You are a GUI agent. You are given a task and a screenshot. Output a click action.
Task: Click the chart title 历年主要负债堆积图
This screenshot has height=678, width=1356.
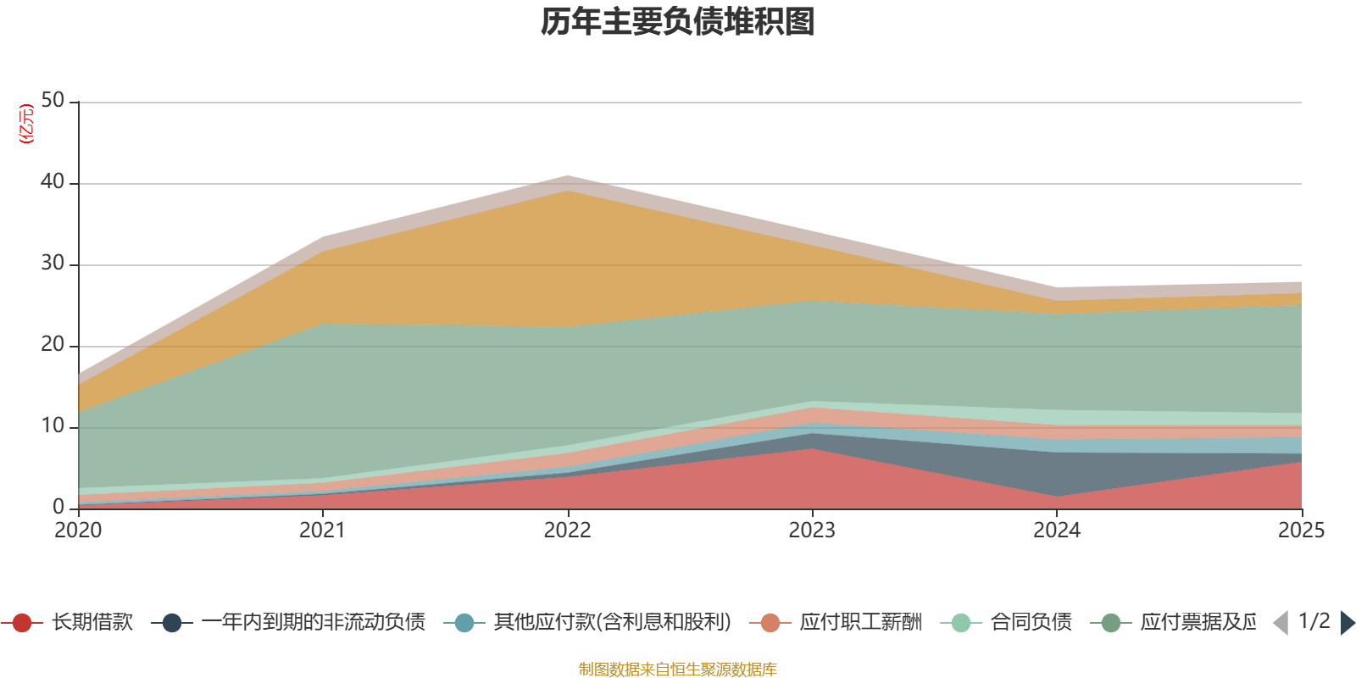tap(678, 22)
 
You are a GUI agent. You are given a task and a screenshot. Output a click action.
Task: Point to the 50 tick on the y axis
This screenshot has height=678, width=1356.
tap(53, 101)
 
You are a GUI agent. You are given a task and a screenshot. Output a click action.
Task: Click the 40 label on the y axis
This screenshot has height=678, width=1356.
tap(53, 182)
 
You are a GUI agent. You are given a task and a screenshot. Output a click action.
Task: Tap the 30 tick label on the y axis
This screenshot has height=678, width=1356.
tap(53, 264)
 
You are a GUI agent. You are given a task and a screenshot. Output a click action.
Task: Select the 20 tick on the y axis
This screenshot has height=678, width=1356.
tap(53, 345)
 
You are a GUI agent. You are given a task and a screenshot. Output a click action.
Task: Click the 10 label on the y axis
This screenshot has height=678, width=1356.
tap(53, 426)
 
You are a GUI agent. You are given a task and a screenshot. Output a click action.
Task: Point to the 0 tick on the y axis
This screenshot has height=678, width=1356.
tap(58, 508)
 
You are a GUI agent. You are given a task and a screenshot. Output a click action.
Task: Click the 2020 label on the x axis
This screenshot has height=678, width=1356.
tap(78, 531)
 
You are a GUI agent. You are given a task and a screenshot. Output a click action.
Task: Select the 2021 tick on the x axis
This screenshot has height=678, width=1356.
tap(322, 531)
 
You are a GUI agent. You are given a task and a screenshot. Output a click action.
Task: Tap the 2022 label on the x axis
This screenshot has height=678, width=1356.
tap(567, 531)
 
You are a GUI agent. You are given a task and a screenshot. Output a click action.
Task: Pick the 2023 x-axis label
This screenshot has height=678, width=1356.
tap(812, 531)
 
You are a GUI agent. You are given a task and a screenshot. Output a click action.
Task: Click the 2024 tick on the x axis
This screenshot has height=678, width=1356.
tap(1056, 531)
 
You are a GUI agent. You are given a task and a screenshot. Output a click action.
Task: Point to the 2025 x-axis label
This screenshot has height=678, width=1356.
tap(1300, 531)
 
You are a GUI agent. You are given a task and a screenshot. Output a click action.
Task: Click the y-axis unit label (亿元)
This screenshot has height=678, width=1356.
tap(26, 124)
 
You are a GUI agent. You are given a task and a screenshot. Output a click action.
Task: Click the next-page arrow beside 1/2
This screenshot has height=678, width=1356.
tap(1347, 623)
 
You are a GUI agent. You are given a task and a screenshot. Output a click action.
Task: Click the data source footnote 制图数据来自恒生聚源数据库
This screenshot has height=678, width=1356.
tap(678, 670)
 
